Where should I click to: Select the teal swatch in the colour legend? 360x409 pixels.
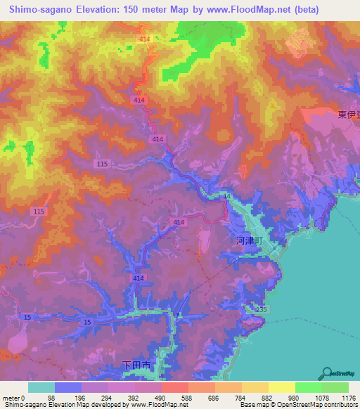pyautogui.click(x=41, y=387)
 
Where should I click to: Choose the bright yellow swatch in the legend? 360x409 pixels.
pyautogui.click(x=281, y=387)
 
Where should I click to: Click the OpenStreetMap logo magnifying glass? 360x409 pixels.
pyautogui.click(x=327, y=372)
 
